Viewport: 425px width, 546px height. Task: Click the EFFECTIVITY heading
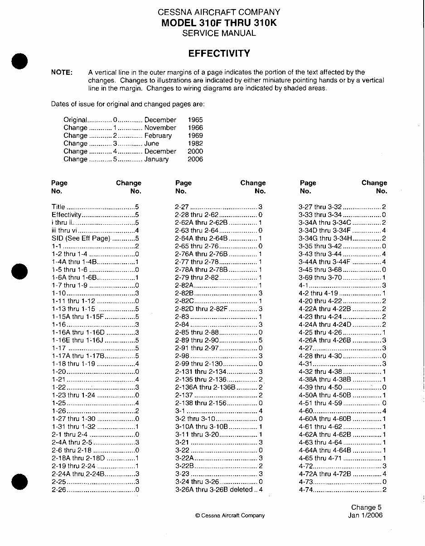coord(219,53)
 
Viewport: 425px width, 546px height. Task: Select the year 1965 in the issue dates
coord(195,120)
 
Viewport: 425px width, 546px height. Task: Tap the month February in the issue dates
coord(158,136)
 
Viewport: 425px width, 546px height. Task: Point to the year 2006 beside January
coord(195,159)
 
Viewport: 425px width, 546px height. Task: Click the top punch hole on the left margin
coord(20,61)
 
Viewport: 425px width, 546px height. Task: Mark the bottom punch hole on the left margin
coord(20,481)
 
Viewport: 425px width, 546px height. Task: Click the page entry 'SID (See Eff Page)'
coord(81,238)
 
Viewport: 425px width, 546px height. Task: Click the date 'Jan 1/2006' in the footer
coord(365,515)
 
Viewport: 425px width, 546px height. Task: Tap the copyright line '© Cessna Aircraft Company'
coord(230,516)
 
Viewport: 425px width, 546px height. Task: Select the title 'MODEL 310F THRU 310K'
coord(219,23)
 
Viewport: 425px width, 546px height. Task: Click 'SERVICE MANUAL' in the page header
coord(219,33)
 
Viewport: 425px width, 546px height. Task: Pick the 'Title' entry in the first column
coord(58,207)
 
